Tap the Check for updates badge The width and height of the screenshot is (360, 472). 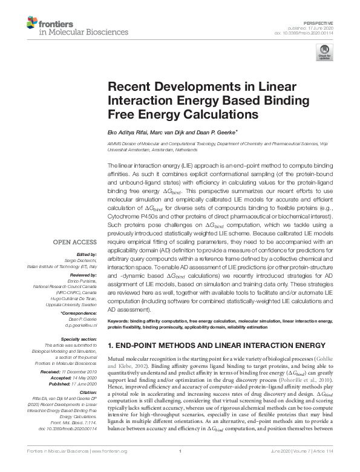click(324, 54)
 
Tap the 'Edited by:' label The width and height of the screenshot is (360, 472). click(88, 254)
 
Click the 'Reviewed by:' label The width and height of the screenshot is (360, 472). click(85, 274)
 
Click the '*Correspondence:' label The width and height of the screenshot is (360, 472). click(80, 313)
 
